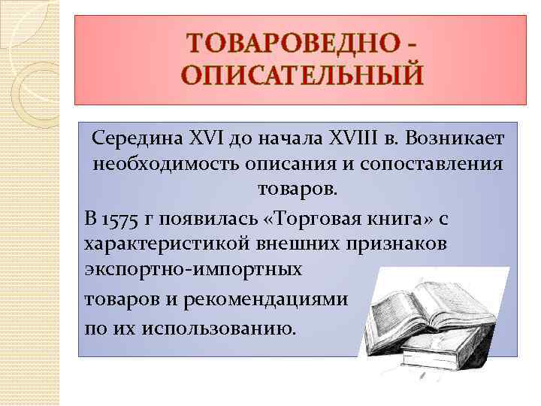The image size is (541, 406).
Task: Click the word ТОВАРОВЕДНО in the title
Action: click(290, 43)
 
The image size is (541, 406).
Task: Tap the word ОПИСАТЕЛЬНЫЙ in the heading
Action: click(301, 74)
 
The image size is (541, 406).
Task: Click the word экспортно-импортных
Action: click(194, 268)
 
